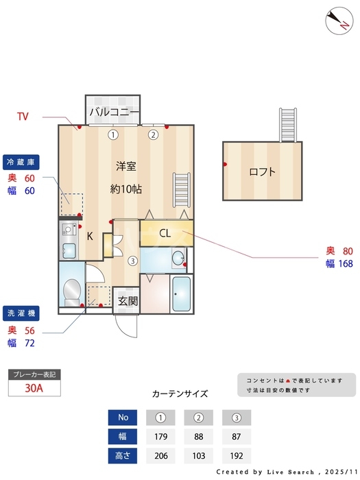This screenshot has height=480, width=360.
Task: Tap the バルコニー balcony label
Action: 114,112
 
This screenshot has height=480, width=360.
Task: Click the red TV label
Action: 23,117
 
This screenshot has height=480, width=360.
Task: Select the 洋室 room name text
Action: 126,166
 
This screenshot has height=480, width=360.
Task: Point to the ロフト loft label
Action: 262,172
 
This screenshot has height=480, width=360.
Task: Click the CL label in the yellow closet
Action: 165,233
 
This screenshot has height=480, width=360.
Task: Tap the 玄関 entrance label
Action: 127,300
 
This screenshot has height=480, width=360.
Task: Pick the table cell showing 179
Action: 160,437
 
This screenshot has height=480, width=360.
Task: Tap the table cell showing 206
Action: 160,456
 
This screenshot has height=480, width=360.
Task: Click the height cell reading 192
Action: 237,456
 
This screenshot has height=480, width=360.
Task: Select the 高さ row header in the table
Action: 123,456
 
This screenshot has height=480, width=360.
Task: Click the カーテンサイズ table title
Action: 180,394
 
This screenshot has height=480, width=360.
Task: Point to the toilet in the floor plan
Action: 71,292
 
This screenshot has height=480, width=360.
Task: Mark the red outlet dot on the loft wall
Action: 225,164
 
